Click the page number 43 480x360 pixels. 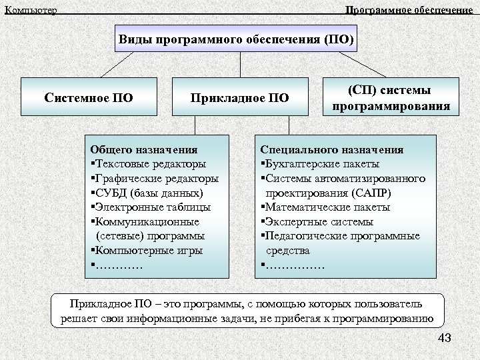[445, 339]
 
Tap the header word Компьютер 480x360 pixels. [31, 10]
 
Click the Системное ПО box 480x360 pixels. [89, 99]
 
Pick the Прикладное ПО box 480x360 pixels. [240, 99]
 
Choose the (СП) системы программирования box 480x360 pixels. [389, 98]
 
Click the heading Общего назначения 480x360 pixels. [144, 150]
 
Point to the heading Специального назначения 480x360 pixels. [331, 150]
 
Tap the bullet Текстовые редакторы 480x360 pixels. [150, 164]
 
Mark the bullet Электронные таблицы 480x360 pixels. [152, 207]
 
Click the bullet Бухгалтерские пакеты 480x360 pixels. [323, 164]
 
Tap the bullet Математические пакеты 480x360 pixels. [327, 207]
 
